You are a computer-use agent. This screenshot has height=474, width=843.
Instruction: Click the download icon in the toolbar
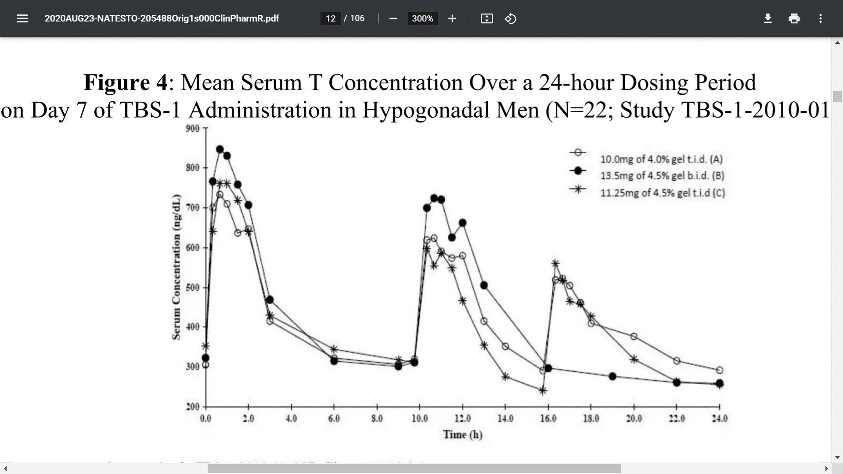pyautogui.click(x=767, y=18)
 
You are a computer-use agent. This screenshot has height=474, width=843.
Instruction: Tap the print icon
pyautogui.click(x=794, y=18)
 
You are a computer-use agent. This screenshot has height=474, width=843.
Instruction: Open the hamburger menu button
pyautogui.click(x=22, y=18)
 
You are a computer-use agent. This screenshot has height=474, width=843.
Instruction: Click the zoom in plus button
pyautogui.click(x=452, y=18)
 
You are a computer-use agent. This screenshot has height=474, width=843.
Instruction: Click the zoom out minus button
pyautogui.click(x=393, y=18)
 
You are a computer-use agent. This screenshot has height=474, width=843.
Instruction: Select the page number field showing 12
pyautogui.click(x=331, y=18)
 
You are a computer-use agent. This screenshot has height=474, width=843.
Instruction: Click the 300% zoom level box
pyautogui.click(x=422, y=18)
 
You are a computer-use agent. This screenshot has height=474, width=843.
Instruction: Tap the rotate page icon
pyautogui.click(x=510, y=18)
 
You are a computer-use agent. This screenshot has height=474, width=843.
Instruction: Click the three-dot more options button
pyautogui.click(x=820, y=18)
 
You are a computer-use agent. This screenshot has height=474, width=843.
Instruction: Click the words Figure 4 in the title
pyautogui.click(x=126, y=83)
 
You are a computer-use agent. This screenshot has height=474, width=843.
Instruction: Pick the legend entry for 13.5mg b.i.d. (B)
pyautogui.click(x=662, y=176)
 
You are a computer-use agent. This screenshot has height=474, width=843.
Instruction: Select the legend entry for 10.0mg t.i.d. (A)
pyautogui.click(x=661, y=159)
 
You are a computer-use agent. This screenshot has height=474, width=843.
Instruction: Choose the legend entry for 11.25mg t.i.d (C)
pyautogui.click(x=662, y=193)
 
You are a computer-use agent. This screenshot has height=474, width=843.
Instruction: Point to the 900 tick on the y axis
pyautogui.click(x=193, y=128)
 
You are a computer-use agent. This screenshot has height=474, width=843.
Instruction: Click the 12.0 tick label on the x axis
pyautogui.click(x=462, y=418)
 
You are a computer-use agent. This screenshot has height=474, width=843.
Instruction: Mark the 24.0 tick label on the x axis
pyautogui.click(x=720, y=418)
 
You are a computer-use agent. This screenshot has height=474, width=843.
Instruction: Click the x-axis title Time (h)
pyautogui.click(x=463, y=434)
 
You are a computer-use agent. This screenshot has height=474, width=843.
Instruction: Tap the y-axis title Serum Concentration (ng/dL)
pyautogui.click(x=176, y=267)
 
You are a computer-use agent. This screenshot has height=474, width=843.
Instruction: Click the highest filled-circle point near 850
pyautogui.click(x=220, y=149)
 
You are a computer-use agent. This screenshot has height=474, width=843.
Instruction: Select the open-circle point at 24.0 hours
pyautogui.click(x=720, y=370)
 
